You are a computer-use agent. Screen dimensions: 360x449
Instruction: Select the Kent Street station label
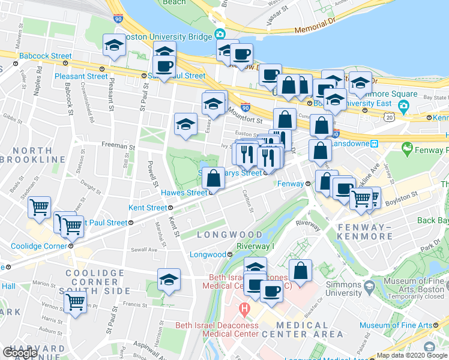[148, 208]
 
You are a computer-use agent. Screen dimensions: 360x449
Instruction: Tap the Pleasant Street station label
[81, 76]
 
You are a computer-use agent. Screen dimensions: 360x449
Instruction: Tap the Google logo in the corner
[20, 353]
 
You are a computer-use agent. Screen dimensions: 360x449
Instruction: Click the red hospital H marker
[244, 310]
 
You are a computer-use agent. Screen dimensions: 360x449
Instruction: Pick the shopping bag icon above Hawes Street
[213, 178]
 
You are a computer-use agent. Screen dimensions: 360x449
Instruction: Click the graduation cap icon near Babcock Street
[113, 46]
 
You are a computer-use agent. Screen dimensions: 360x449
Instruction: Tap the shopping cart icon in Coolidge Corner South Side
[74, 302]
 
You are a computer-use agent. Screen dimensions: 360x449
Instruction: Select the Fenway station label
[292, 184]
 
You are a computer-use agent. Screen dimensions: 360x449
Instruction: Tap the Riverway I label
[255, 246]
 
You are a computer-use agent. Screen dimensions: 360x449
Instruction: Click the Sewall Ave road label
[145, 250]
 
